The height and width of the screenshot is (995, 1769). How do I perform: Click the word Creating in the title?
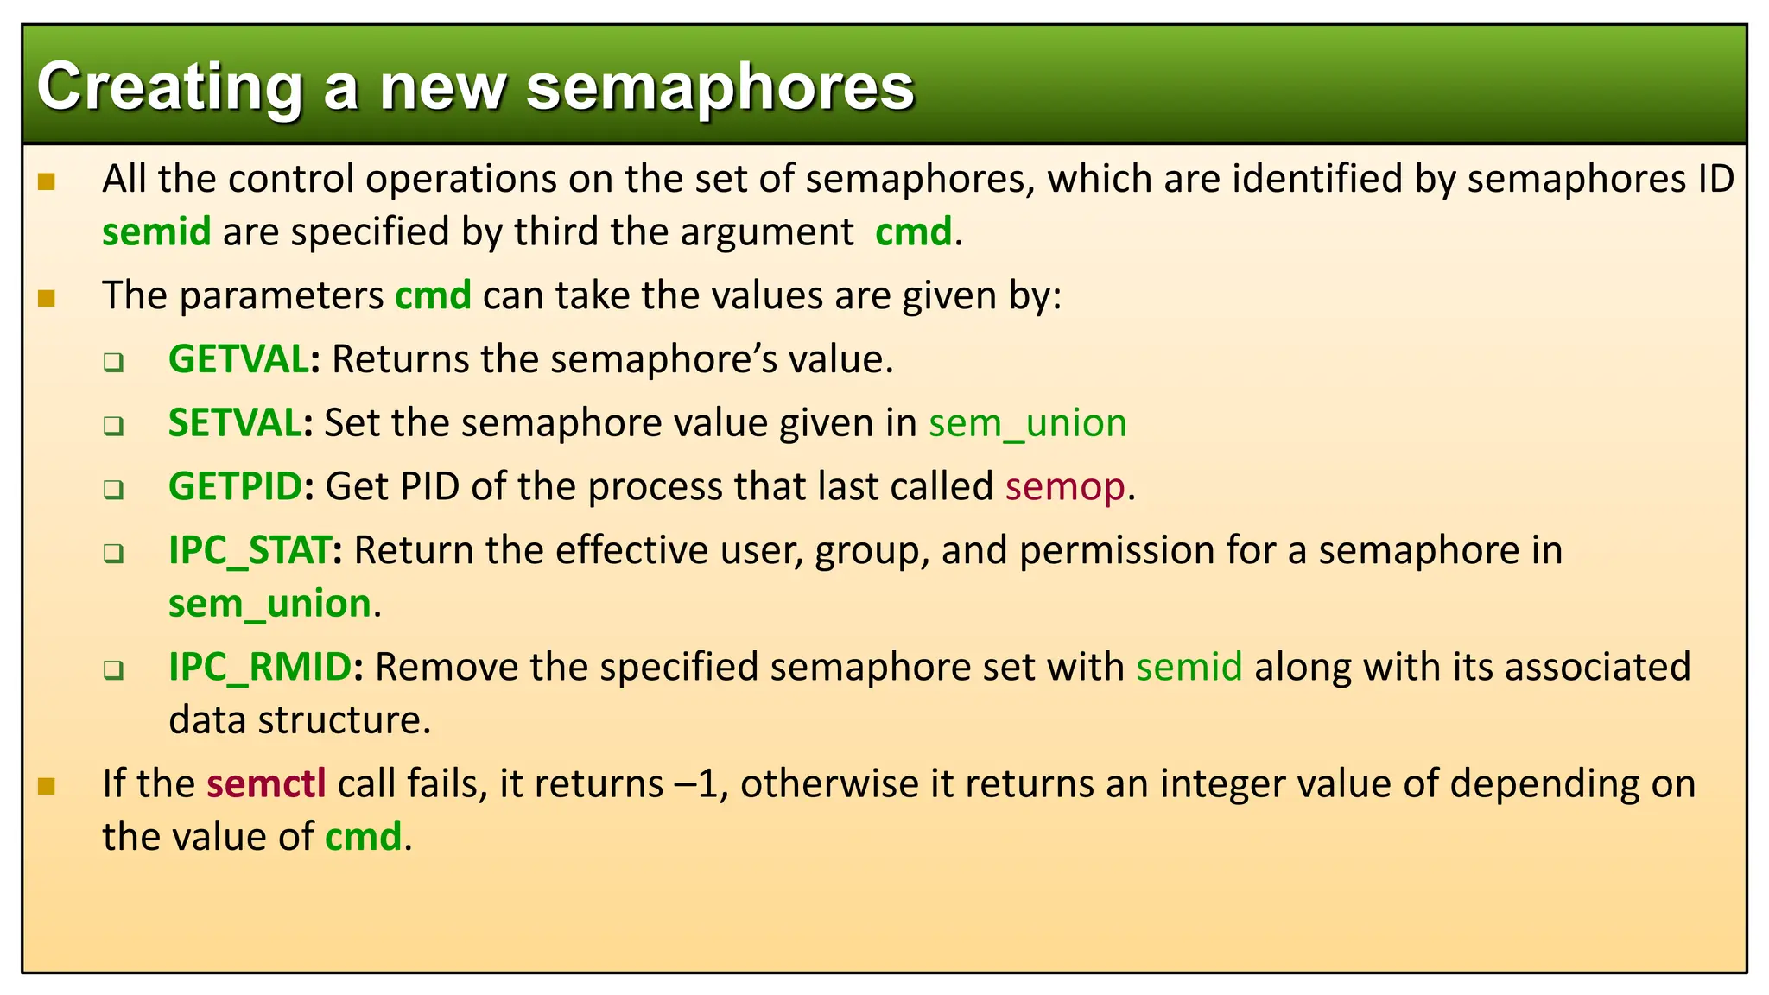click(169, 88)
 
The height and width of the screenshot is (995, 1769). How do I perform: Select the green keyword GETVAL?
click(238, 359)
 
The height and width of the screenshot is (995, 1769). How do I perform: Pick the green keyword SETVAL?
click(234, 423)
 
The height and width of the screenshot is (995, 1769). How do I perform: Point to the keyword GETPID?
click(235, 486)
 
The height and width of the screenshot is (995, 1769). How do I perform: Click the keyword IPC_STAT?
click(249, 550)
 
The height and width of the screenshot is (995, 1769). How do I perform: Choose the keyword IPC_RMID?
click(259, 667)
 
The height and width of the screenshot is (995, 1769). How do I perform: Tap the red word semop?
click(1065, 487)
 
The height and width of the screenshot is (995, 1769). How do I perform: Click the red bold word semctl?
click(266, 784)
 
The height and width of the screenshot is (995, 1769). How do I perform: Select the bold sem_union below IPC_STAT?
click(269, 604)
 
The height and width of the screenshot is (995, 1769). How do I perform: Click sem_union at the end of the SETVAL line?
click(1027, 423)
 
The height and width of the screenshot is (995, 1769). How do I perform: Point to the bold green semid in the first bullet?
click(156, 232)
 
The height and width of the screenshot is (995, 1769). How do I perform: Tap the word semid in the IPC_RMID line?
click(1189, 667)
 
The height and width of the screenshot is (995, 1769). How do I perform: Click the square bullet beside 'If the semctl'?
click(47, 786)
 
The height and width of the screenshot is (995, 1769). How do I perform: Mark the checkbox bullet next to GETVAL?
click(113, 362)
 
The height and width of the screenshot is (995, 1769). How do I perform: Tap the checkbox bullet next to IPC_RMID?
click(113, 669)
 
